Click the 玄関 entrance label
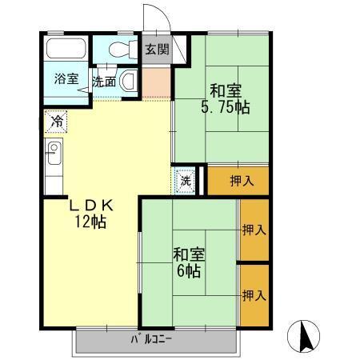pos(156,49)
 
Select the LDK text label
pos(90,206)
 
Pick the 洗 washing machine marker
pos(185,180)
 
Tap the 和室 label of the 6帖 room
pos(190,255)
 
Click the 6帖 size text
pos(190,272)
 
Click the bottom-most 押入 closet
pos(254,295)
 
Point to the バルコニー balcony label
pos(152,342)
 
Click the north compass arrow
pos(305,335)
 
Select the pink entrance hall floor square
pos(157,80)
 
